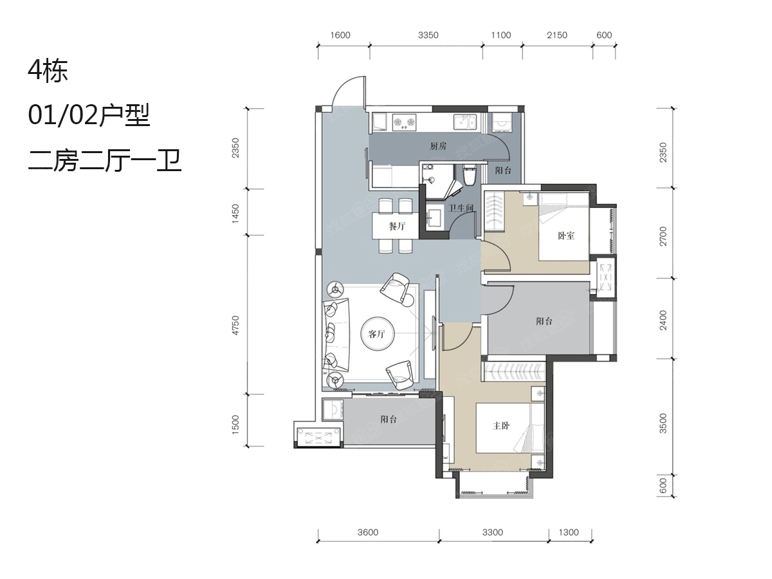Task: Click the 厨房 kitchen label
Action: pyautogui.click(x=438, y=146)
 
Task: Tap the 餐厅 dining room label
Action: pyautogui.click(x=397, y=226)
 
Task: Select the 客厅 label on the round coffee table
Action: pyautogui.click(x=377, y=334)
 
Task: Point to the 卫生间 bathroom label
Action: pyautogui.click(x=461, y=208)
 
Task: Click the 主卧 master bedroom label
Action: pyautogui.click(x=501, y=426)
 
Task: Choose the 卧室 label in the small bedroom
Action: pyautogui.click(x=566, y=236)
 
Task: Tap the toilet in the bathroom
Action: pyautogui.click(x=469, y=175)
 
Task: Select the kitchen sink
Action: pyautogui.click(x=464, y=122)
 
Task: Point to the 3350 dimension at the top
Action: pyautogui.click(x=428, y=35)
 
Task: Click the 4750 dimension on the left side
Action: pyautogui.click(x=235, y=326)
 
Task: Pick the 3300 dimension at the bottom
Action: pyautogui.click(x=492, y=532)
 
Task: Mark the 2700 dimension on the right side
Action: pyautogui.click(x=663, y=236)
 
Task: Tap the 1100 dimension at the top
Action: pyautogui.click(x=501, y=35)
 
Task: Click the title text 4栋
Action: pyautogui.click(x=48, y=71)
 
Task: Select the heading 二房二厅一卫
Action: pyautogui.click(x=105, y=161)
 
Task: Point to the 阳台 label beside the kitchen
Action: pyautogui.click(x=503, y=171)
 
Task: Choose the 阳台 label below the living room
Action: pyautogui.click(x=389, y=419)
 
